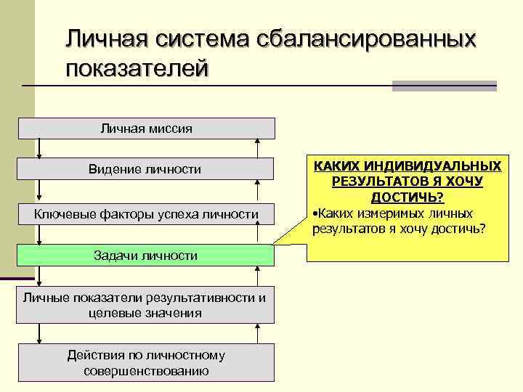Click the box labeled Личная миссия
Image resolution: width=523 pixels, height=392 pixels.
(146, 128)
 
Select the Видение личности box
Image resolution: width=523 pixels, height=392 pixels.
(146, 169)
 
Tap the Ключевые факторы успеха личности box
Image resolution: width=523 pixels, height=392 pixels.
(146, 214)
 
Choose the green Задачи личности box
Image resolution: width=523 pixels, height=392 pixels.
(146, 256)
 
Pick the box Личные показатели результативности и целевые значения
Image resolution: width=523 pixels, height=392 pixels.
(146, 306)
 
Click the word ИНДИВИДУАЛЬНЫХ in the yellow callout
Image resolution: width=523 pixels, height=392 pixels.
(440, 166)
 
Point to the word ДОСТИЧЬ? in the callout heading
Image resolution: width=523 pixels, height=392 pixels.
(408, 197)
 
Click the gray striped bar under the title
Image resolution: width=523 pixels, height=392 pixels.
(444, 86)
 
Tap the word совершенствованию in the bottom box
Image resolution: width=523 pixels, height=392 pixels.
(146, 371)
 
